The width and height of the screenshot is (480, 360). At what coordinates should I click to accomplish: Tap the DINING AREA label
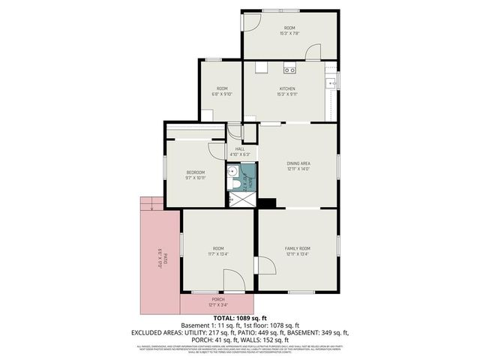coord(298,163)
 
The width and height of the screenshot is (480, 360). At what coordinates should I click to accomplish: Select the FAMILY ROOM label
coord(297,247)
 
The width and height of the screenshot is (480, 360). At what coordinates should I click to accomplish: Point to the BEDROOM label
coord(195,172)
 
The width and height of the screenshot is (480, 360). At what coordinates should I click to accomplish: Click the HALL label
coord(240,148)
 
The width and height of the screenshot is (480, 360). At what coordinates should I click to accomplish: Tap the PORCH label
coord(217,299)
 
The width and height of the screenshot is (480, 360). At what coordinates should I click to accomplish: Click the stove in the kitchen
coord(289,70)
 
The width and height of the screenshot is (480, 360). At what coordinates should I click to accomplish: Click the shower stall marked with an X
coord(241,199)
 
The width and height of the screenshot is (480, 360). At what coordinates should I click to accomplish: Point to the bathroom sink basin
coord(234,172)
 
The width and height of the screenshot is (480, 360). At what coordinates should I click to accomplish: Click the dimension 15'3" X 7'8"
coord(289,33)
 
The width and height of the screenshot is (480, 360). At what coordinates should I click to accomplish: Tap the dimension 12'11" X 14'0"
coord(298,169)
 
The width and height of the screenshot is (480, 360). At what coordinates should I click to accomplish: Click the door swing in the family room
coord(264,267)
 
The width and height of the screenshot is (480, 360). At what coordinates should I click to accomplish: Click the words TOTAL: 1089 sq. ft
coord(240,318)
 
